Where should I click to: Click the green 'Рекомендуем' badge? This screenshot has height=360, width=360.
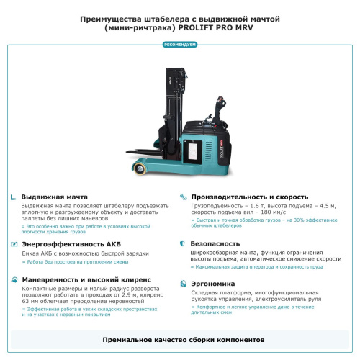tap(179, 45)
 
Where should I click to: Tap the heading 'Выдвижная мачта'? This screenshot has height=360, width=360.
tap(55, 197)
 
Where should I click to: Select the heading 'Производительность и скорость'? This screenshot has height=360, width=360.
tap(249, 197)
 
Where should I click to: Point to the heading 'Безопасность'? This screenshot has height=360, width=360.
tap(215, 244)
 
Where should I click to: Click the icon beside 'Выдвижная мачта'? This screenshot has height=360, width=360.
tap(14, 197)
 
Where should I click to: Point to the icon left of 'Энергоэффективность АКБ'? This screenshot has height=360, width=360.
tap(14, 244)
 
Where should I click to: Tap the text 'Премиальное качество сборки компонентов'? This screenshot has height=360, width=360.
tap(179, 338)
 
